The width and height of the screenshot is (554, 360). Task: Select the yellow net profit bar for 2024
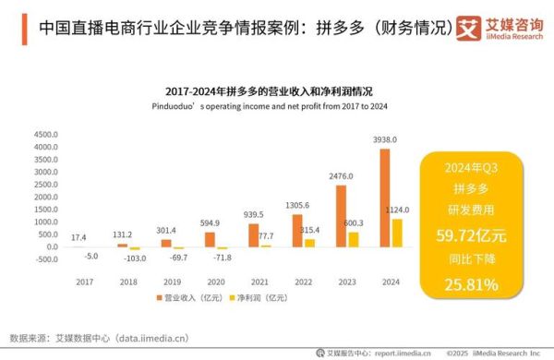(397, 233)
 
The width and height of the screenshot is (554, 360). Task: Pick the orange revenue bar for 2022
(296, 230)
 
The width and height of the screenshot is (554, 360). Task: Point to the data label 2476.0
(341, 176)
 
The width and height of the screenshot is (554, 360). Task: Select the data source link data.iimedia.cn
(166, 338)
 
